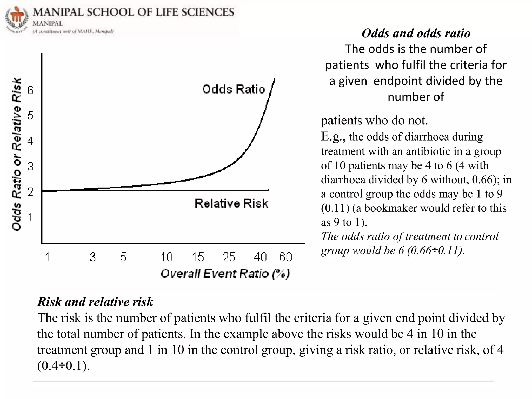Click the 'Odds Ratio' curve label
[x=233, y=89]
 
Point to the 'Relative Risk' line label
[x=231, y=203]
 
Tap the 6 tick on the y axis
[x=31, y=90]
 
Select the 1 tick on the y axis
[x=31, y=217]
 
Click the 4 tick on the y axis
[x=31, y=141]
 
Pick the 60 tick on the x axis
[x=285, y=257]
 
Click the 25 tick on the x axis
[x=229, y=257]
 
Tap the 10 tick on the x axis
[x=166, y=257]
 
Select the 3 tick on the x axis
[x=93, y=257]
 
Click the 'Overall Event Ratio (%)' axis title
[x=225, y=274]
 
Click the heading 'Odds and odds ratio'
[x=416, y=33]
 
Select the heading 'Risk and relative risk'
[x=95, y=302]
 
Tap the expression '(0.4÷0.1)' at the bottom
[x=63, y=366]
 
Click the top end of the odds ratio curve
[x=274, y=78]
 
